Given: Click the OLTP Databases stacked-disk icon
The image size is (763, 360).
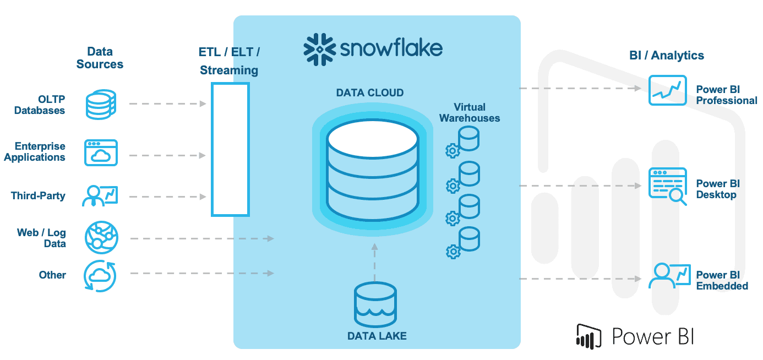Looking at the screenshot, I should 101,105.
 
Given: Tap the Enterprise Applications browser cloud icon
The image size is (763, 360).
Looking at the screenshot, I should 101,152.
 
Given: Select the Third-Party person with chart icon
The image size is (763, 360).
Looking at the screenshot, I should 100,195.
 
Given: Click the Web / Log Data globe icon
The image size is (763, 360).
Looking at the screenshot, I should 101,237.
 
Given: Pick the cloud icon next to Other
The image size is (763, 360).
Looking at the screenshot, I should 100,275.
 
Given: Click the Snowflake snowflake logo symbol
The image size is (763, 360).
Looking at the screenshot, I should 319,49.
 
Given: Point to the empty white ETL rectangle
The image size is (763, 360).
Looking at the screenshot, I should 230,149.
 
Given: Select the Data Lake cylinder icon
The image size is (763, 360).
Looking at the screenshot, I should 375,304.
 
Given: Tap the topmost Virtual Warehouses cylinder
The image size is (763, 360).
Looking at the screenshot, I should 469,138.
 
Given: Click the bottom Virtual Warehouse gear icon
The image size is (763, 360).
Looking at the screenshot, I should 453,252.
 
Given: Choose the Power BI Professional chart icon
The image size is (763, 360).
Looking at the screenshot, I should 667,90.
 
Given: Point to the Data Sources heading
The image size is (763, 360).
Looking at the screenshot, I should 100,58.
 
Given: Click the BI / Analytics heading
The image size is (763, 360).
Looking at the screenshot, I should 666,55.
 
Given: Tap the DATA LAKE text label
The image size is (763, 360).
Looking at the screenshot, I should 377,335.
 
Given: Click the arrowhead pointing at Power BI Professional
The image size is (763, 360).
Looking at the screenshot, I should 639,88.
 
